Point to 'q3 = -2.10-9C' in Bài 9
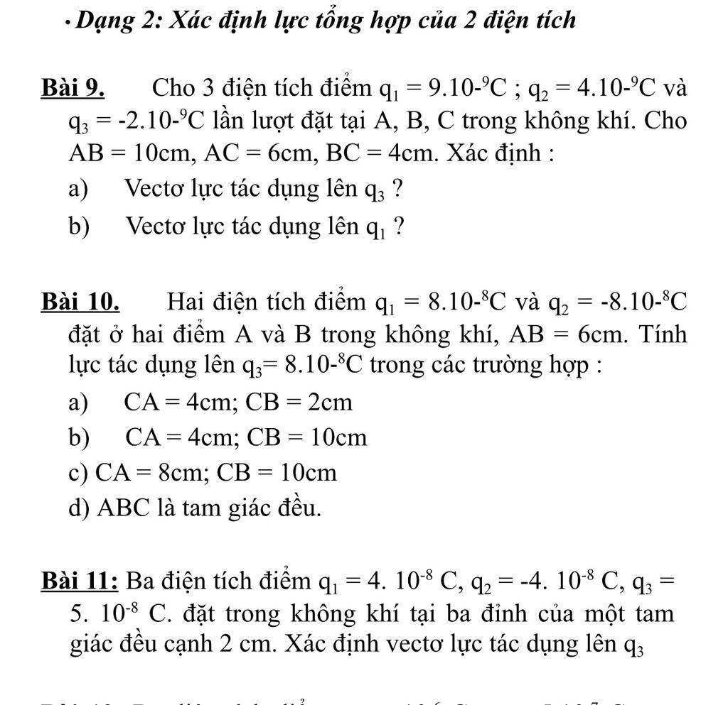tap(132, 122)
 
